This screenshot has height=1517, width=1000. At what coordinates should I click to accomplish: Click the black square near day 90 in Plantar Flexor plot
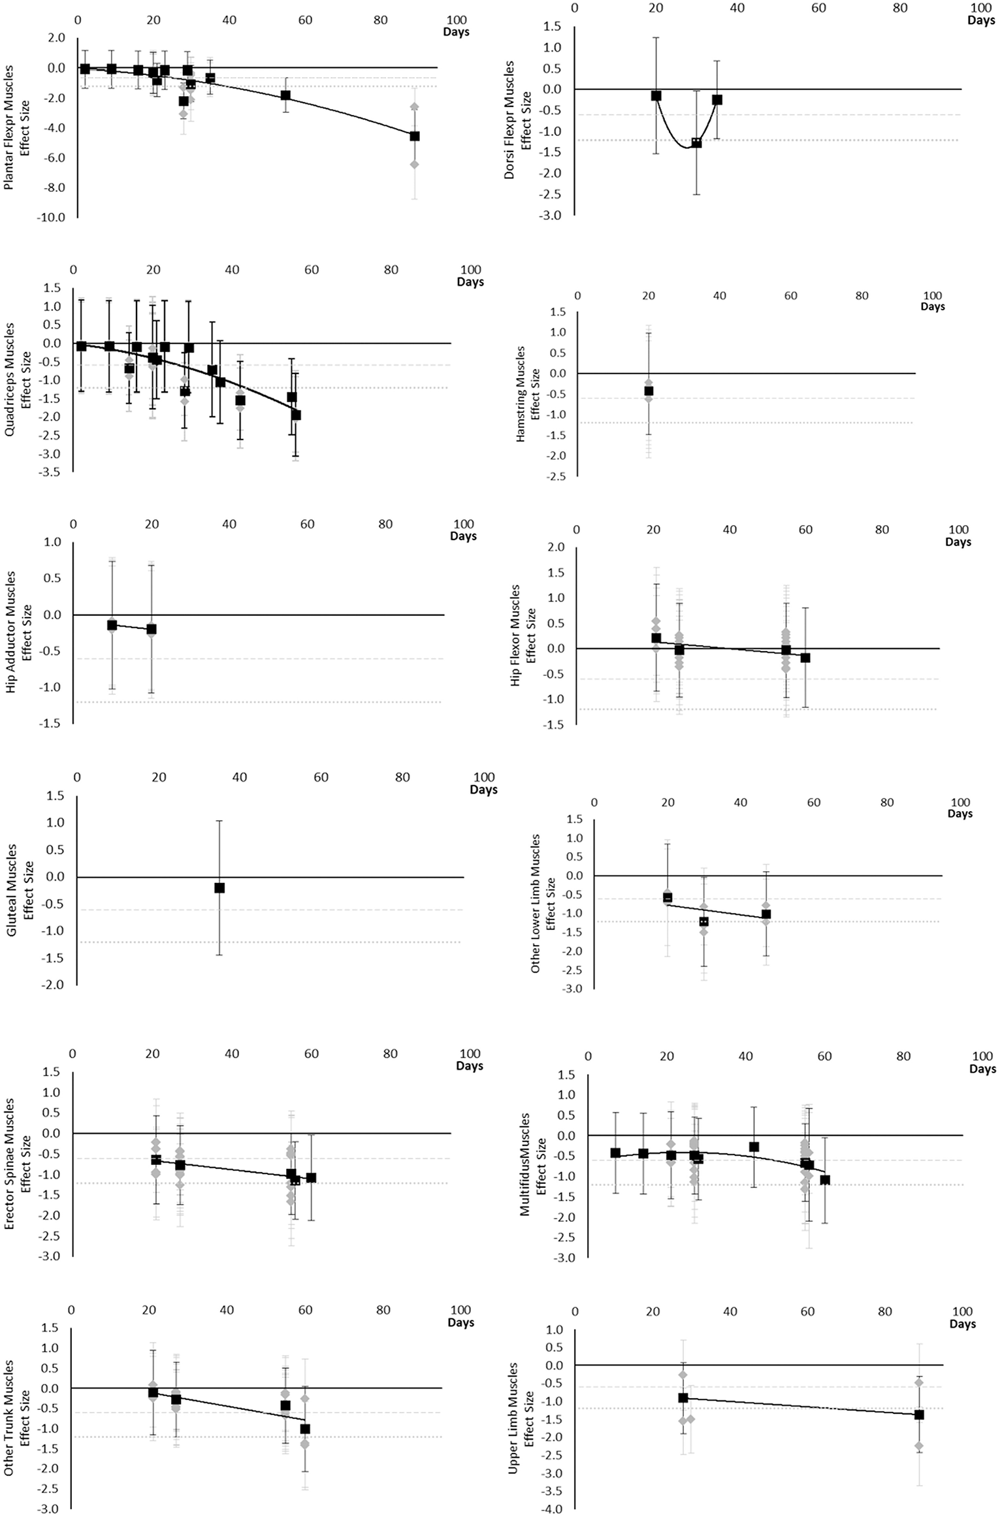[414, 136]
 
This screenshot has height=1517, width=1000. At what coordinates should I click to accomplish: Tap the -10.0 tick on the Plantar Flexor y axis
[52, 217]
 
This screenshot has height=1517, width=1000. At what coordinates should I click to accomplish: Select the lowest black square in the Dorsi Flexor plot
[696, 143]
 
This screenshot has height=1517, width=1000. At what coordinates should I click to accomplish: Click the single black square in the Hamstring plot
[649, 391]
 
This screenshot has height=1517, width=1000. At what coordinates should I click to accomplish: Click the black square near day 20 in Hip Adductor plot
[152, 630]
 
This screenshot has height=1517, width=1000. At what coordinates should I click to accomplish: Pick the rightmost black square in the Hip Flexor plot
[805, 658]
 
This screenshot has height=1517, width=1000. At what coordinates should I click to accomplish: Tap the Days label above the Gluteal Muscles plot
[483, 790]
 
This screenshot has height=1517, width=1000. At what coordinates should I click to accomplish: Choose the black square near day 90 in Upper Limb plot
[919, 1410]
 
